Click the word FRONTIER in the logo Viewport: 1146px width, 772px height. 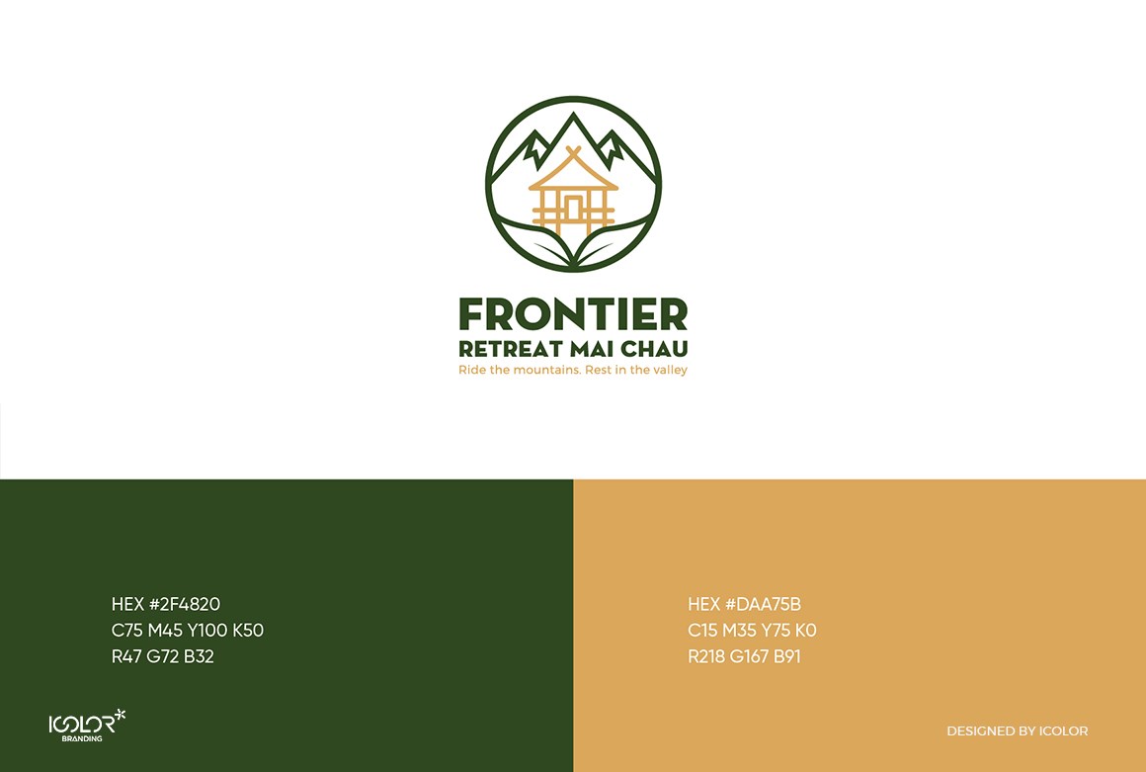point(573,314)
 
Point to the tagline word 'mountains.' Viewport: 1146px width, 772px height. point(546,370)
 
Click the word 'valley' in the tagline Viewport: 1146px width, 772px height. point(670,370)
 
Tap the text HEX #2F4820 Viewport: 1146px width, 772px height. point(166,604)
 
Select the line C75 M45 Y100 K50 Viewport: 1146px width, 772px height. point(187,631)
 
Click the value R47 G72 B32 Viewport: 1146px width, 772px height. point(162,656)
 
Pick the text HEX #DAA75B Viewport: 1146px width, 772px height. point(744,604)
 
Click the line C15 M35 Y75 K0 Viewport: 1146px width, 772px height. point(752,631)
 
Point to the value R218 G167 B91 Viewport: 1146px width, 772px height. point(744,656)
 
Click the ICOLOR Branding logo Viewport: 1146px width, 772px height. point(87,726)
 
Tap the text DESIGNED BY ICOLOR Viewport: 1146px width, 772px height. point(1018,731)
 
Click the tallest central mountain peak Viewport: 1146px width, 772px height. point(573,116)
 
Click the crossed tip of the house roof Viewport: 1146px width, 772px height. point(573,151)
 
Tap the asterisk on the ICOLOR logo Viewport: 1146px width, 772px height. point(121,715)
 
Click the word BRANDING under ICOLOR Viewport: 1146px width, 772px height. point(82,739)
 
